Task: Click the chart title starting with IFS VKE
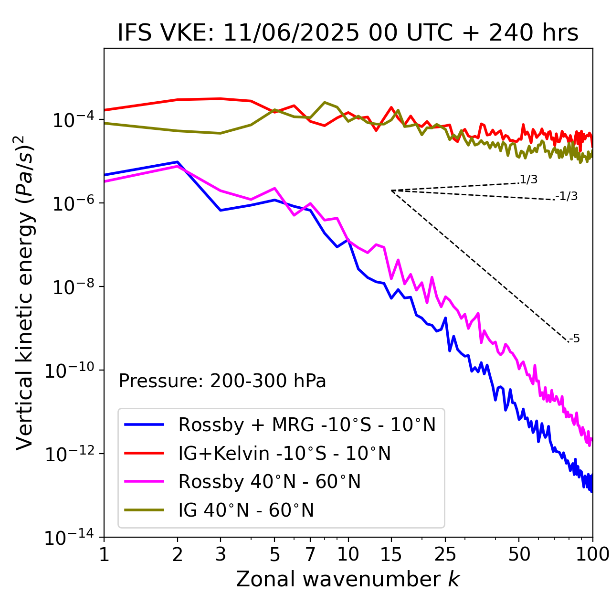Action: pyautogui.click(x=348, y=33)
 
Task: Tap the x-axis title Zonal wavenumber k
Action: pyautogui.click(x=348, y=579)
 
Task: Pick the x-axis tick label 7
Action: pyautogui.click(x=310, y=554)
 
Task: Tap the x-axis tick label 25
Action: pyautogui.click(x=445, y=554)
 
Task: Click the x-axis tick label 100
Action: pyautogui.click(x=592, y=554)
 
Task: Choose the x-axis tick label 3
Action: pyautogui.click(x=221, y=554)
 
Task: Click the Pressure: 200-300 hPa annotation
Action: pyautogui.click(x=222, y=381)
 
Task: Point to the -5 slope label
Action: pyautogui.click(x=575, y=339)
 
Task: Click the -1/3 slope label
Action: pyautogui.click(x=567, y=196)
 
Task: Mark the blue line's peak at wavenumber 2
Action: pyautogui.click(x=178, y=162)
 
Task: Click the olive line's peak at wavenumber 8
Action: pyautogui.click(x=325, y=102)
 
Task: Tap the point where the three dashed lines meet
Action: pyautogui.click(x=391, y=191)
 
